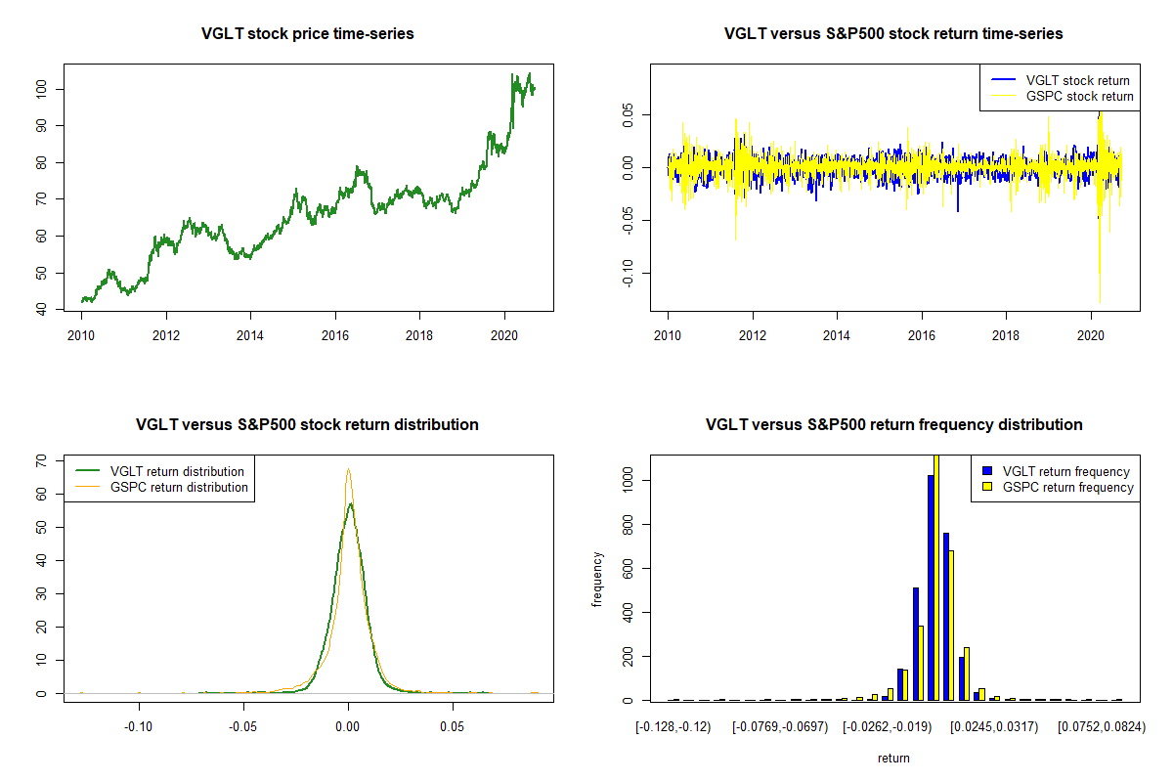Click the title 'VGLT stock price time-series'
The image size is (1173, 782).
click(x=307, y=34)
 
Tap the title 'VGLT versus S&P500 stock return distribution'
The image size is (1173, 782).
click(x=307, y=425)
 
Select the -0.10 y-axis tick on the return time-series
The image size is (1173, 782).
click(x=629, y=274)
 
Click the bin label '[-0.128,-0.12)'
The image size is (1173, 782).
click(x=673, y=727)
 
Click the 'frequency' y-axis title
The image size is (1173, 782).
click(x=598, y=580)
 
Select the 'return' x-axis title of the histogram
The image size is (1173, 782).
click(x=893, y=758)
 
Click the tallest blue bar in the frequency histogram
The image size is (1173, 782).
click(x=931, y=586)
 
